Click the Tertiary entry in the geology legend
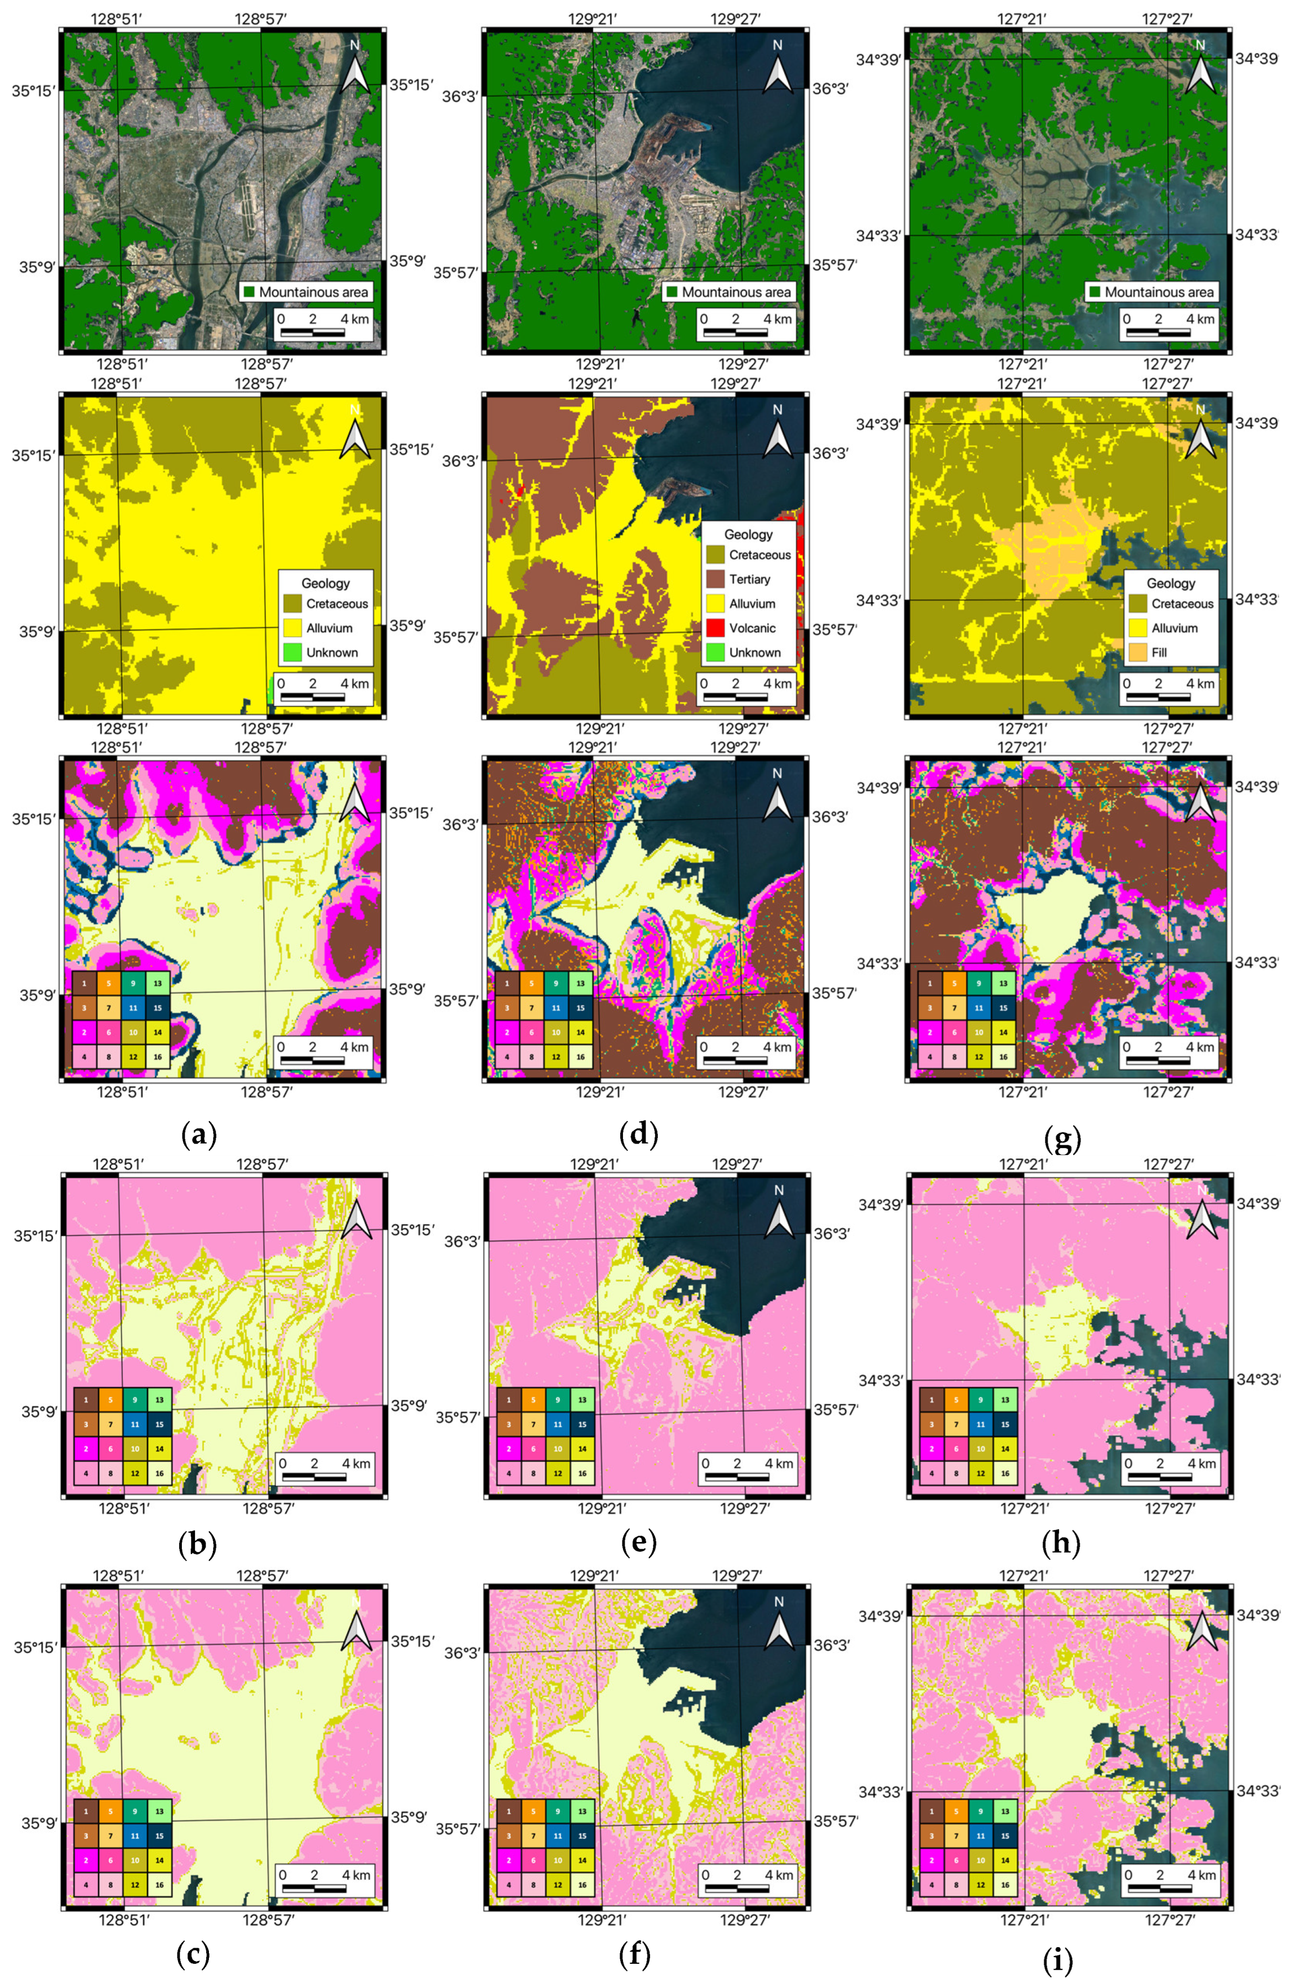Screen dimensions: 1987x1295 click(x=749, y=579)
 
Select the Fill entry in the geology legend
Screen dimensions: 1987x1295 click(x=1159, y=652)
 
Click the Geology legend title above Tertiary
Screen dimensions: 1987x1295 click(x=748, y=534)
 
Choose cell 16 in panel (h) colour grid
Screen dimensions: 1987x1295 click(x=1005, y=1474)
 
